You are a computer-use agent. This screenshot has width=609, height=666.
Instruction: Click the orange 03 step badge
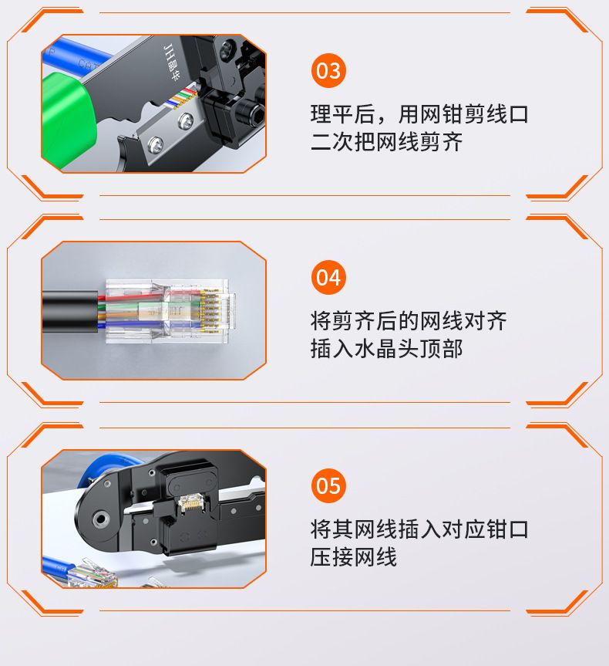pyautogui.click(x=328, y=70)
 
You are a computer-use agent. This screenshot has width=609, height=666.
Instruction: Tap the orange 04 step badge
pyautogui.click(x=328, y=277)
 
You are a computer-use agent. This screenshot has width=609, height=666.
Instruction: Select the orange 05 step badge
pyautogui.click(x=328, y=485)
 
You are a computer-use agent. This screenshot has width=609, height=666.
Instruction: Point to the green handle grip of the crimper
pyautogui.click(x=67, y=119)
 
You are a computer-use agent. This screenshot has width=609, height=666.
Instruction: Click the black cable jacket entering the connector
pyautogui.click(x=70, y=312)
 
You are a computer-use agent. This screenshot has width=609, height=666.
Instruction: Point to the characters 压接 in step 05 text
pyautogui.click(x=332, y=557)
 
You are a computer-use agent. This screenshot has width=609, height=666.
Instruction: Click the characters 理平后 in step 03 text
pyautogui.click(x=343, y=114)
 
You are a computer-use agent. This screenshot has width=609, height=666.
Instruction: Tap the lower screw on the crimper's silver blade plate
pyautogui.click(x=156, y=144)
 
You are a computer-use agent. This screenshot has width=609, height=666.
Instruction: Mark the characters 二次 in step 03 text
pyautogui.click(x=332, y=142)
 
